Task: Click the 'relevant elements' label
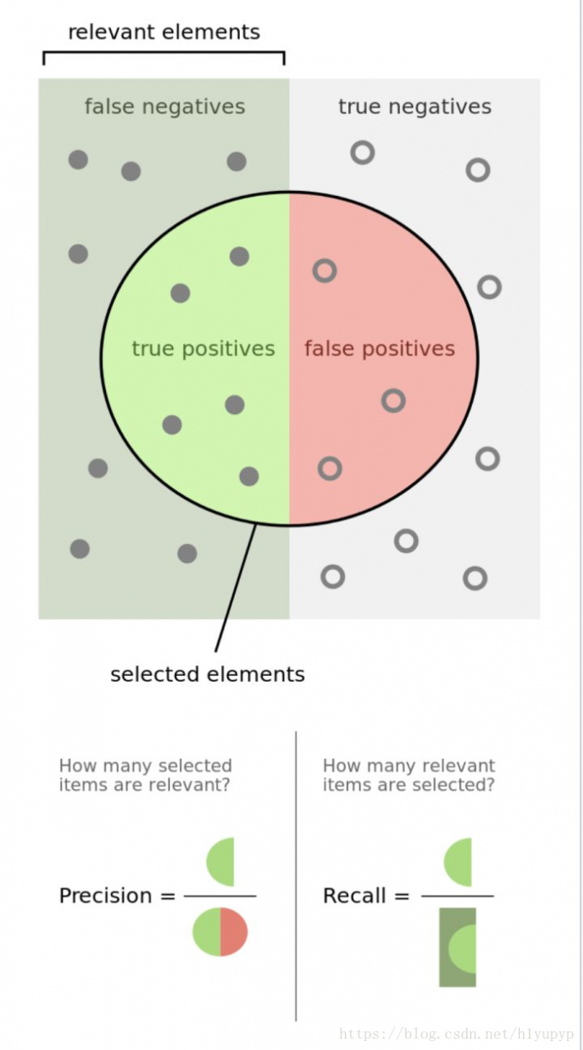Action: point(164,32)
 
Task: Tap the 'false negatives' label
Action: point(165,107)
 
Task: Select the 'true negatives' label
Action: point(415,107)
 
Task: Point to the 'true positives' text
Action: point(204,349)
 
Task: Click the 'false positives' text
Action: point(379,349)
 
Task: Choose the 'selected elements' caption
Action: point(208,674)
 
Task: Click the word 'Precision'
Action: point(106,896)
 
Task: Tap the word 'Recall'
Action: point(355,896)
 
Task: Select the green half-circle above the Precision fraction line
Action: point(220,862)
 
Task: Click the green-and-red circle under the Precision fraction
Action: point(220,932)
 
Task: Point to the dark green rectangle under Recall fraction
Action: point(457,947)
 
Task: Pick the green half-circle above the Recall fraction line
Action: point(457,862)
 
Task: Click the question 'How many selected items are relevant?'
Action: point(145,775)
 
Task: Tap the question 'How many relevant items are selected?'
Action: point(409,775)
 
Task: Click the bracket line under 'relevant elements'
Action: point(164,52)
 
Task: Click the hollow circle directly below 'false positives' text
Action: point(393,401)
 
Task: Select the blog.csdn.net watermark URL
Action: point(457,1034)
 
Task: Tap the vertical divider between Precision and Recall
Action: point(296,875)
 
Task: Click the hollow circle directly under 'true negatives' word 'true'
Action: point(362,153)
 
